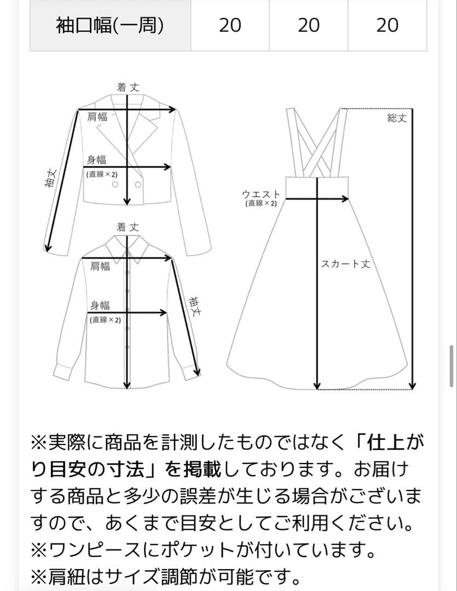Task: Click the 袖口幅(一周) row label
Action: (x=109, y=25)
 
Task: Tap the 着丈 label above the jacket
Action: (x=128, y=87)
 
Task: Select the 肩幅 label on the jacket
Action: (x=97, y=117)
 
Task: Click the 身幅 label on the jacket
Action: (x=96, y=160)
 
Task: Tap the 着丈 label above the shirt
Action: (x=128, y=227)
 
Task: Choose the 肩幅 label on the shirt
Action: (x=100, y=266)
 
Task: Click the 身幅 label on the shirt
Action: (x=100, y=305)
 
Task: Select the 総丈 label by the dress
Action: (x=397, y=118)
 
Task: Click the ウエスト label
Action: (x=261, y=194)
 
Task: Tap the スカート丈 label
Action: (x=345, y=264)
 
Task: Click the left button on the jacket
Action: (x=115, y=184)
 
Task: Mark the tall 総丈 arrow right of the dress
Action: (x=413, y=246)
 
